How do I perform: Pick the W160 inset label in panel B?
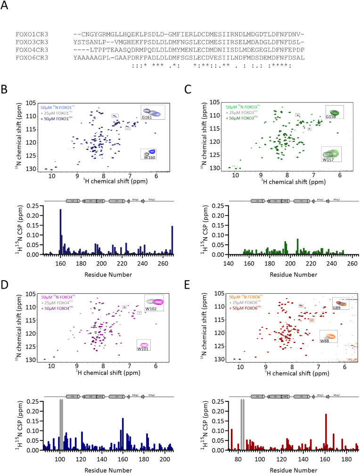pyautogui.click(x=150, y=158)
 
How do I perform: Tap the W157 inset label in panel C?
pyautogui.click(x=328, y=160)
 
